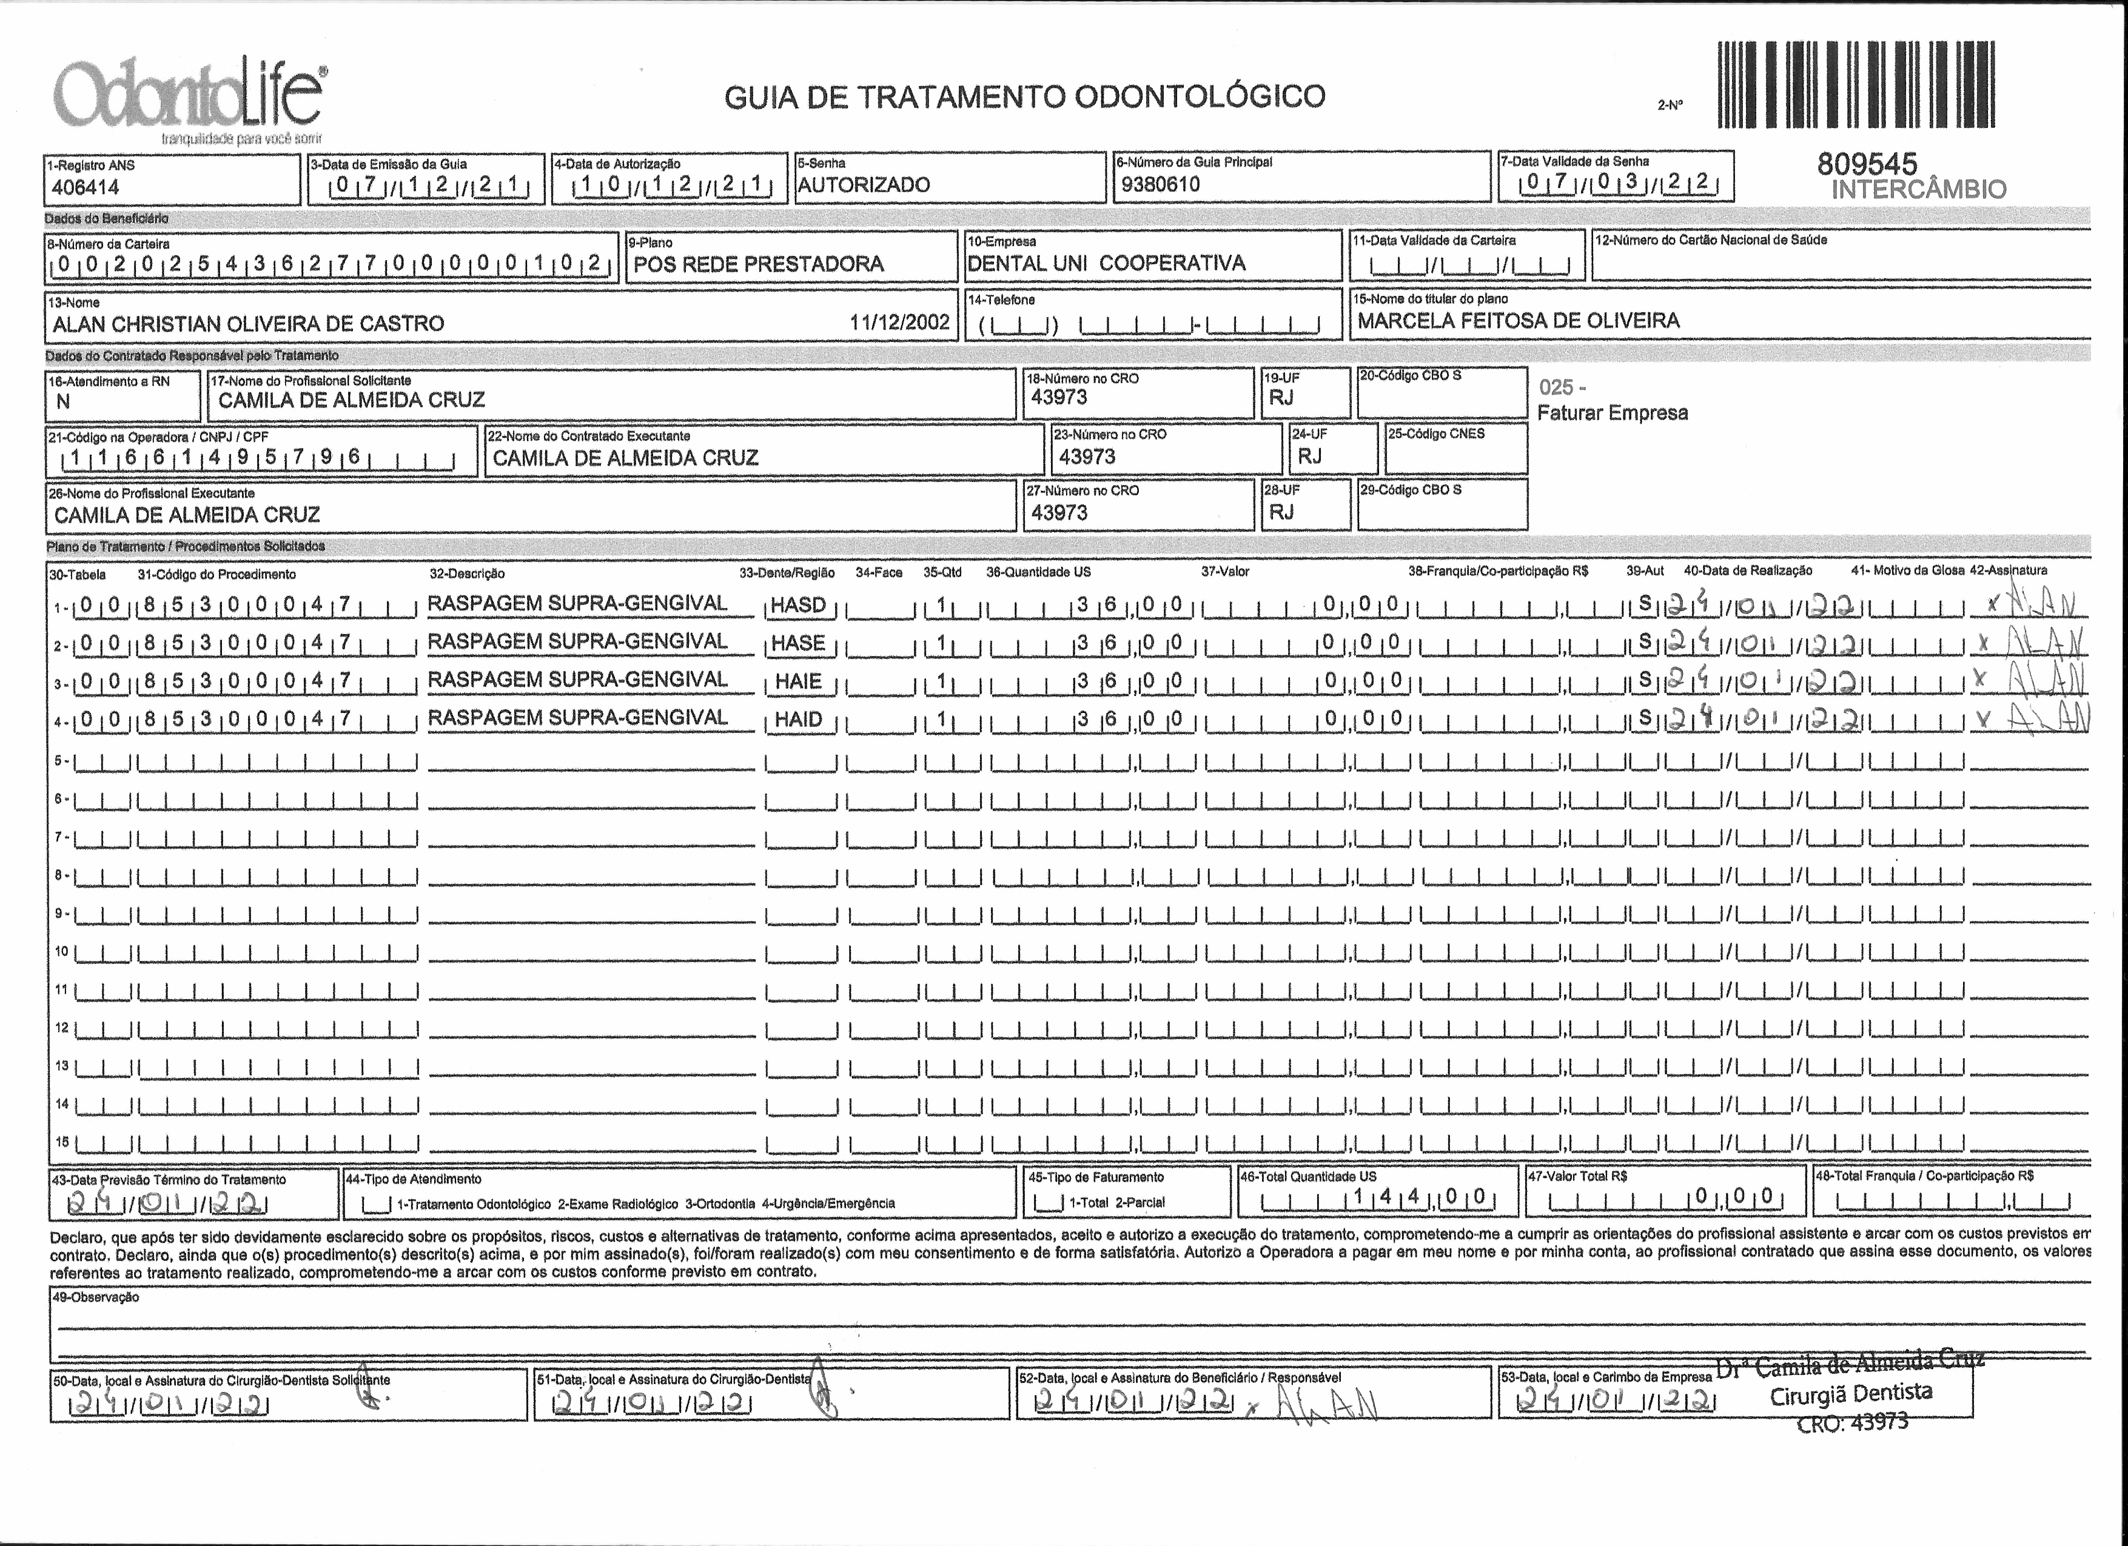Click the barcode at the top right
click(x=1856, y=84)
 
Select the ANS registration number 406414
click(x=86, y=187)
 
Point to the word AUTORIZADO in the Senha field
click(x=863, y=185)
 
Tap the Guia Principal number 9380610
click(x=1161, y=184)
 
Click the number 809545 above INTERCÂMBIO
click(x=1867, y=164)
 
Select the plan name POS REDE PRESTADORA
click(x=758, y=264)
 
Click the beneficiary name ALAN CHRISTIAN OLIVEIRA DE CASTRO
click(x=249, y=324)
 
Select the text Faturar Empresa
click(x=1612, y=413)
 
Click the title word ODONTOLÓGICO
click(x=1199, y=96)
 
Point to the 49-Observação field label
click(x=94, y=1297)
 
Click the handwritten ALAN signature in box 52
click(x=1332, y=1404)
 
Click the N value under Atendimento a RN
click(x=64, y=401)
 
